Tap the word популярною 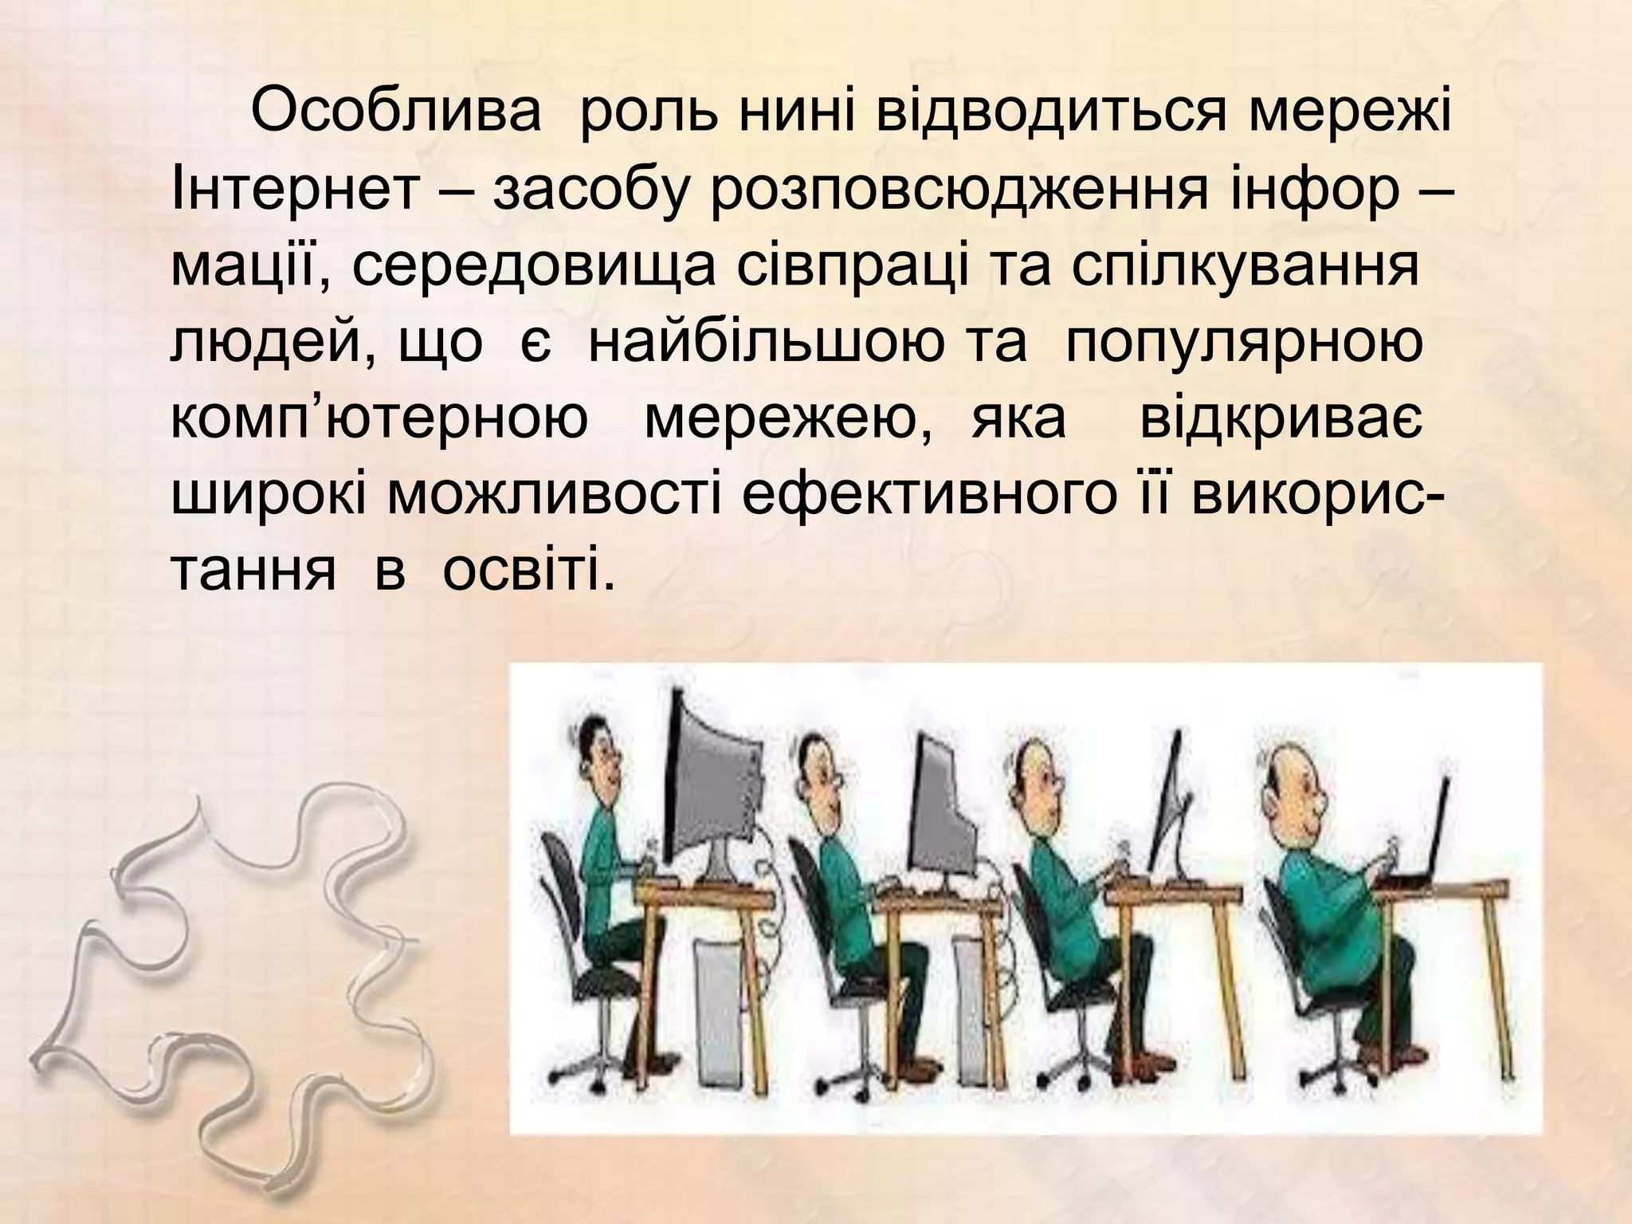(1243, 343)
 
